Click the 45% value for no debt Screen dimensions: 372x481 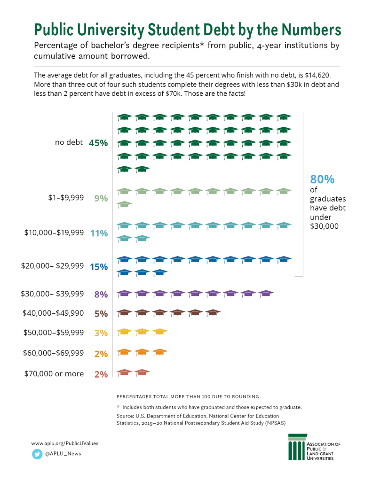tap(98, 143)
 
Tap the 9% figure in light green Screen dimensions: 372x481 tap(101, 199)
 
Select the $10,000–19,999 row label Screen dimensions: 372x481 tap(54, 233)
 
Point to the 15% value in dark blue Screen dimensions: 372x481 tap(99, 267)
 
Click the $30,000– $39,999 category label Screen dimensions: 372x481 tap(52, 294)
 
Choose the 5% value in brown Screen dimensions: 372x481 tap(101, 314)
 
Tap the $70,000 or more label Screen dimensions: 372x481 tap(54, 373)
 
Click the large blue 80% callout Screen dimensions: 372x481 tap(322, 179)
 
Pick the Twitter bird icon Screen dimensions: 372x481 tap(37, 454)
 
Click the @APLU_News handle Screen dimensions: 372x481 tap(63, 454)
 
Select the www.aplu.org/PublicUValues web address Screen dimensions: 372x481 tap(65, 443)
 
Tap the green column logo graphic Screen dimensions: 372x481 tap(297, 447)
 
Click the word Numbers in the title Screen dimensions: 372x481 tap(311, 30)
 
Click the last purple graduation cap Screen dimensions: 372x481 tap(266, 294)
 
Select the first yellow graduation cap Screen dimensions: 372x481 tap(125, 332)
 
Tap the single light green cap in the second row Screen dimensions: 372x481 tap(125, 204)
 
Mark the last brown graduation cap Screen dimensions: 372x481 tap(213, 313)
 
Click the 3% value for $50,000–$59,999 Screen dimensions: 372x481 tap(101, 333)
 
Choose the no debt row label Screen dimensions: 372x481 tap(69, 142)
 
